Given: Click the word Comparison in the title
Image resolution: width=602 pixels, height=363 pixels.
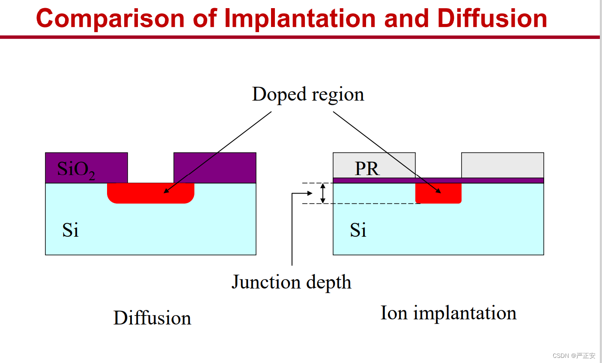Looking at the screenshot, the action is click(110, 19).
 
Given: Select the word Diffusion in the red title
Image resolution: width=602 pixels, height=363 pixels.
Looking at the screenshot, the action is click(492, 18).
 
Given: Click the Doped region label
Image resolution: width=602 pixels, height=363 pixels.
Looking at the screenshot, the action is click(308, 95).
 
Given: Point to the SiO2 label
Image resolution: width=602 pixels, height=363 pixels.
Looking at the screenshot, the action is click(76, 170).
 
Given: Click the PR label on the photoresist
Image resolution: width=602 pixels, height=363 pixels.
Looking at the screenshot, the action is click(367, 169).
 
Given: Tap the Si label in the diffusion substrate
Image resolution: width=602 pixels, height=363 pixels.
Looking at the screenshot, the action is click(70, 230).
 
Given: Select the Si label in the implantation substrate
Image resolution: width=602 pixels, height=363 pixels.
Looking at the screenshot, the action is click(358, 230).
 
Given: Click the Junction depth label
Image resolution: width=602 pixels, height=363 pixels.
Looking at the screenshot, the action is click(292, 283).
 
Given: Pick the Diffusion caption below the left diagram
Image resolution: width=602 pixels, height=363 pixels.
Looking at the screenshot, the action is click(152, 318).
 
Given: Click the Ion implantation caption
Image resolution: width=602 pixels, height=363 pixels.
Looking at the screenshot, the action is click(449, 313).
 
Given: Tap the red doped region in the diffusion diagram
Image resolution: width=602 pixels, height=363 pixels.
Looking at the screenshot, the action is click(151, 193).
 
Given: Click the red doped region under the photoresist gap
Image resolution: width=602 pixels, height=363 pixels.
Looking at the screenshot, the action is click(438, 193).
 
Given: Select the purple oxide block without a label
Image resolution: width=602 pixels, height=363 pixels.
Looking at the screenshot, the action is click(215, 168).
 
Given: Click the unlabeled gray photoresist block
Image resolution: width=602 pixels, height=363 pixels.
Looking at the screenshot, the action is click(503, 165).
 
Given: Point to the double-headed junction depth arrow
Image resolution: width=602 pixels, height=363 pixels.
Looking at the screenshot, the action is click(323, 193).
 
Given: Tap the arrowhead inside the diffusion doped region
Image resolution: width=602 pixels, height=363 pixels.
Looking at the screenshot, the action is click(167, 190).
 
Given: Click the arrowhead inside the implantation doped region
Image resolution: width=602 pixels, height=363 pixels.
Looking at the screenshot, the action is click(438, 191).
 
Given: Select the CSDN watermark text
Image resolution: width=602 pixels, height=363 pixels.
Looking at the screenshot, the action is click(574, 356).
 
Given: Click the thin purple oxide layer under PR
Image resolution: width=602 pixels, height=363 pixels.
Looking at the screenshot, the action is click(438, 181).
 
